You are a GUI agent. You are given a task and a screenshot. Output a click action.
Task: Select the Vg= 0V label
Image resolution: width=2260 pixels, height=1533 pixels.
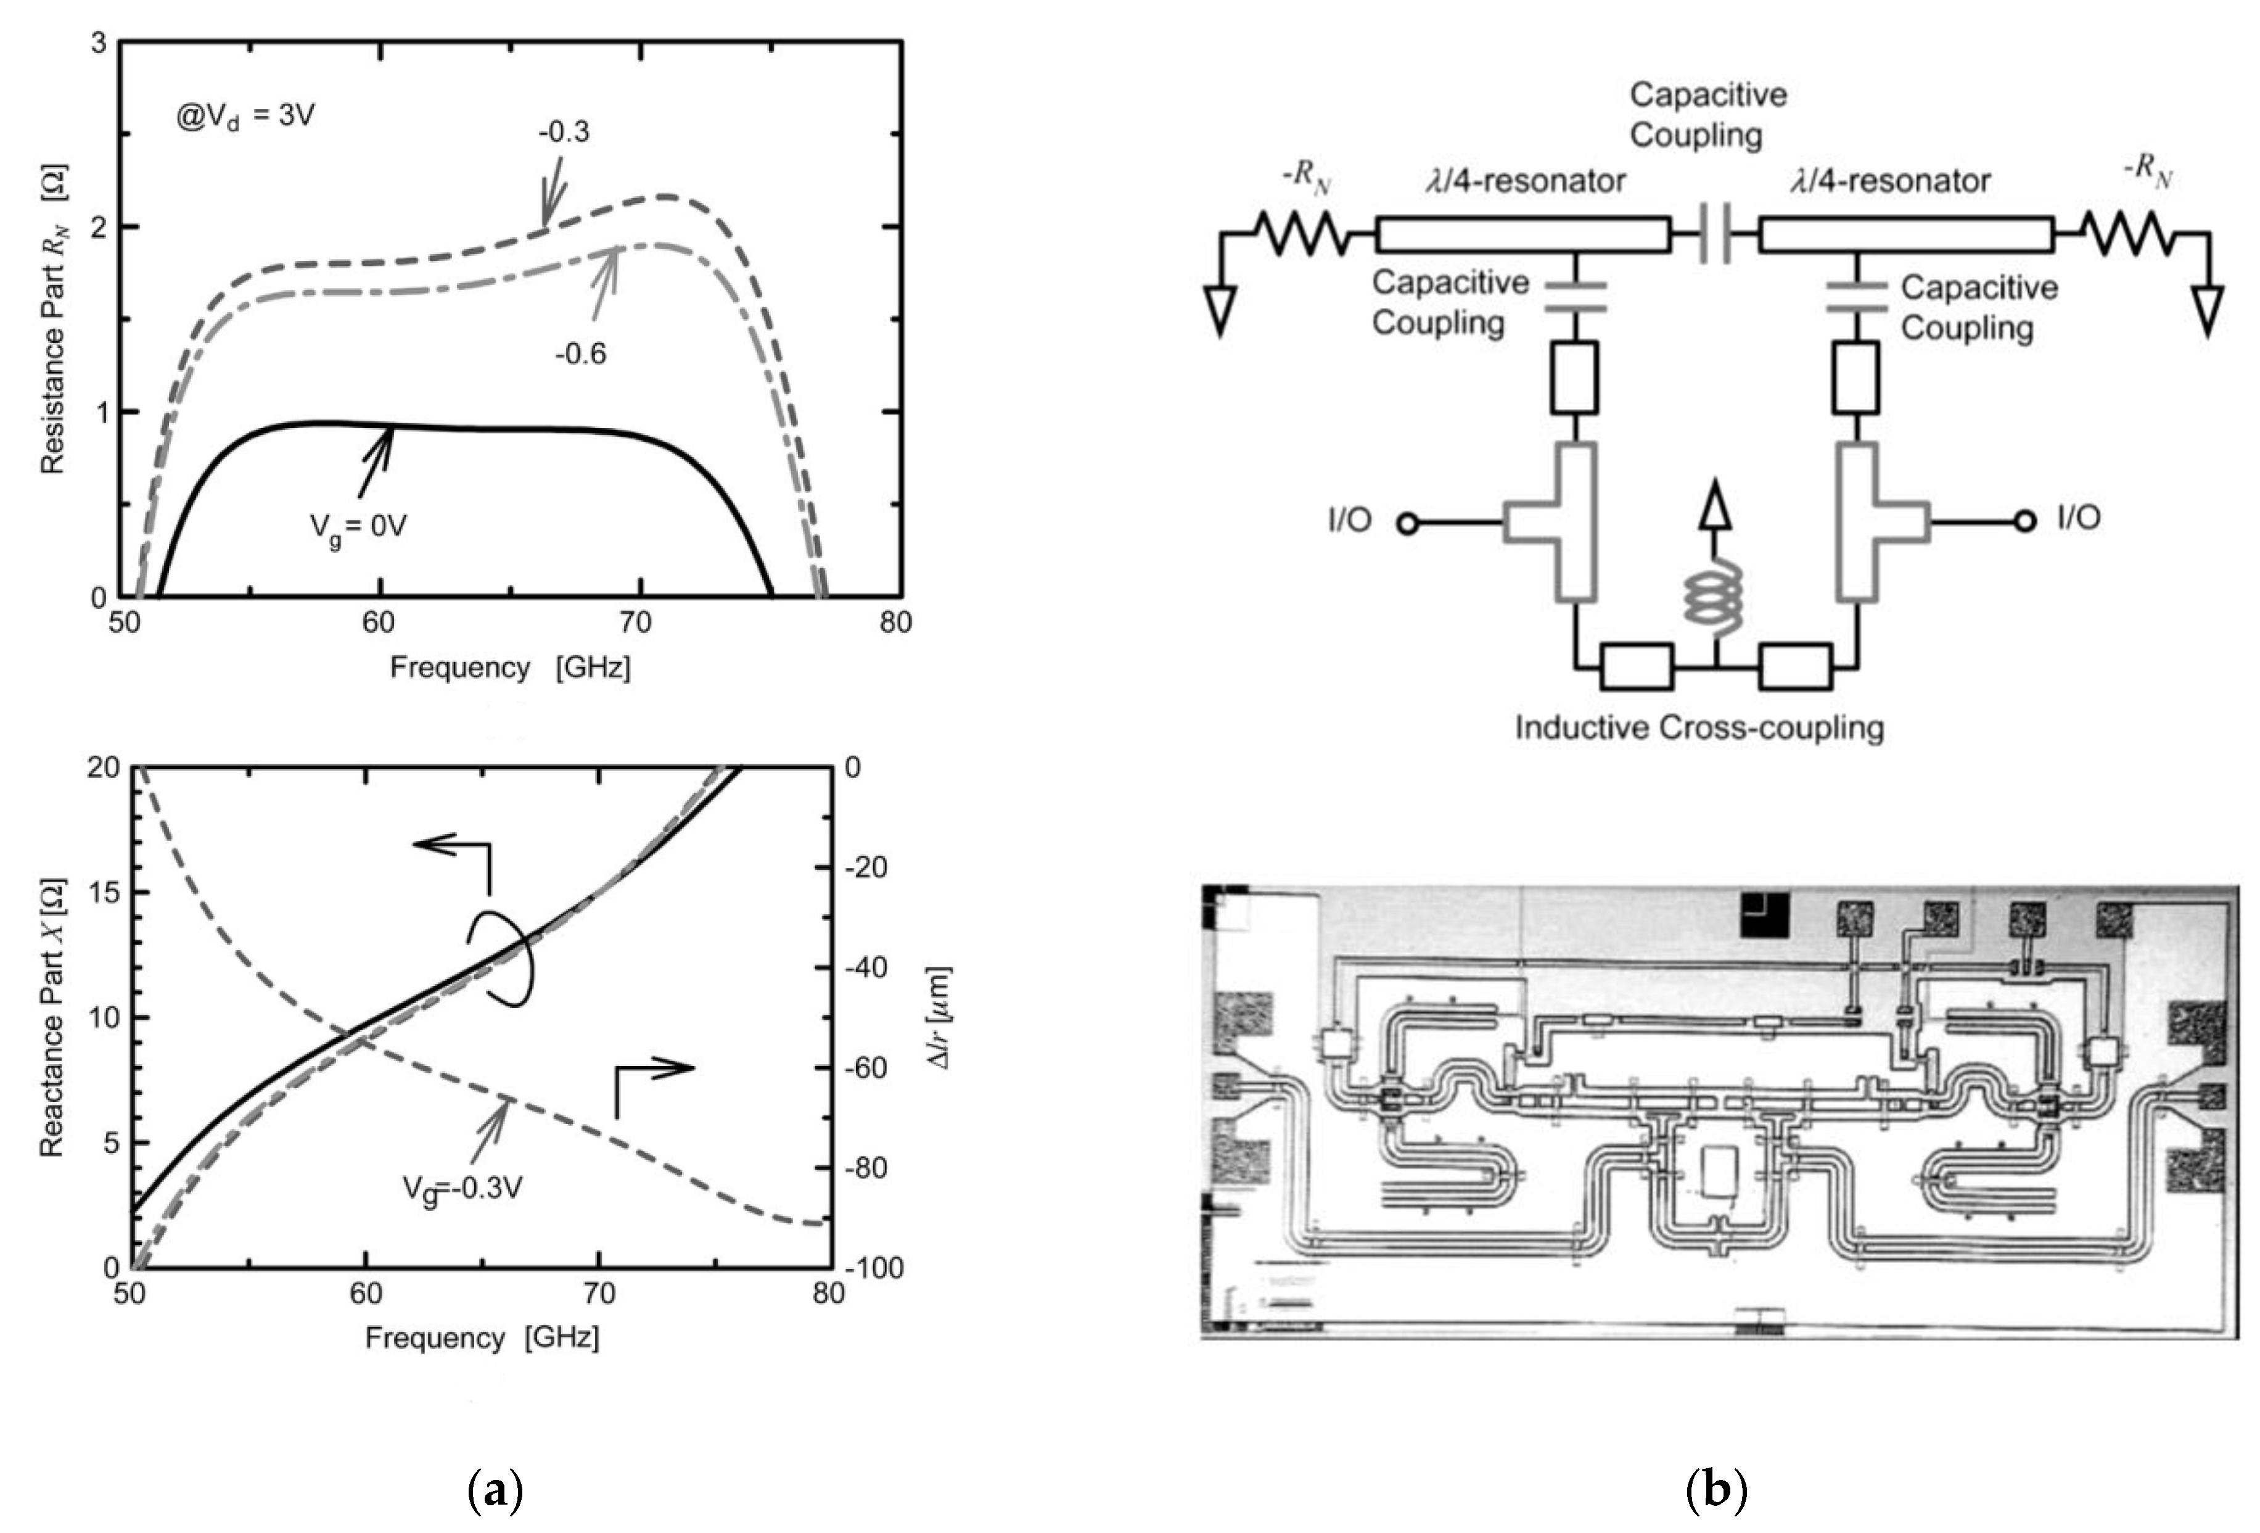pos(358,526)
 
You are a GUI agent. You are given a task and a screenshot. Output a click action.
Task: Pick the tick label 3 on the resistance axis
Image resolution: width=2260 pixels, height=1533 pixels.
pos(99,44)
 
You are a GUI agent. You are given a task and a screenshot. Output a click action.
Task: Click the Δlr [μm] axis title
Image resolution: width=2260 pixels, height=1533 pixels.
pos(942,1017)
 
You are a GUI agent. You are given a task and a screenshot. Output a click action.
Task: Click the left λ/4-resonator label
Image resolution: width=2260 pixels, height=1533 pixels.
pos(1525,181)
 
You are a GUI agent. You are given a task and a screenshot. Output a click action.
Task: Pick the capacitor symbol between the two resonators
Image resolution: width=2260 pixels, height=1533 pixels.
pos(1714,234)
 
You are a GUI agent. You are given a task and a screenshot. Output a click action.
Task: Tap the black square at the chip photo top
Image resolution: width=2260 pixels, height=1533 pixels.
pos(1762,916)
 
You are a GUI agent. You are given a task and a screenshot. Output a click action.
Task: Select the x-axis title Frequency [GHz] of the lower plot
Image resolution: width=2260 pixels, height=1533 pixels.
pos(482,1339)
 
